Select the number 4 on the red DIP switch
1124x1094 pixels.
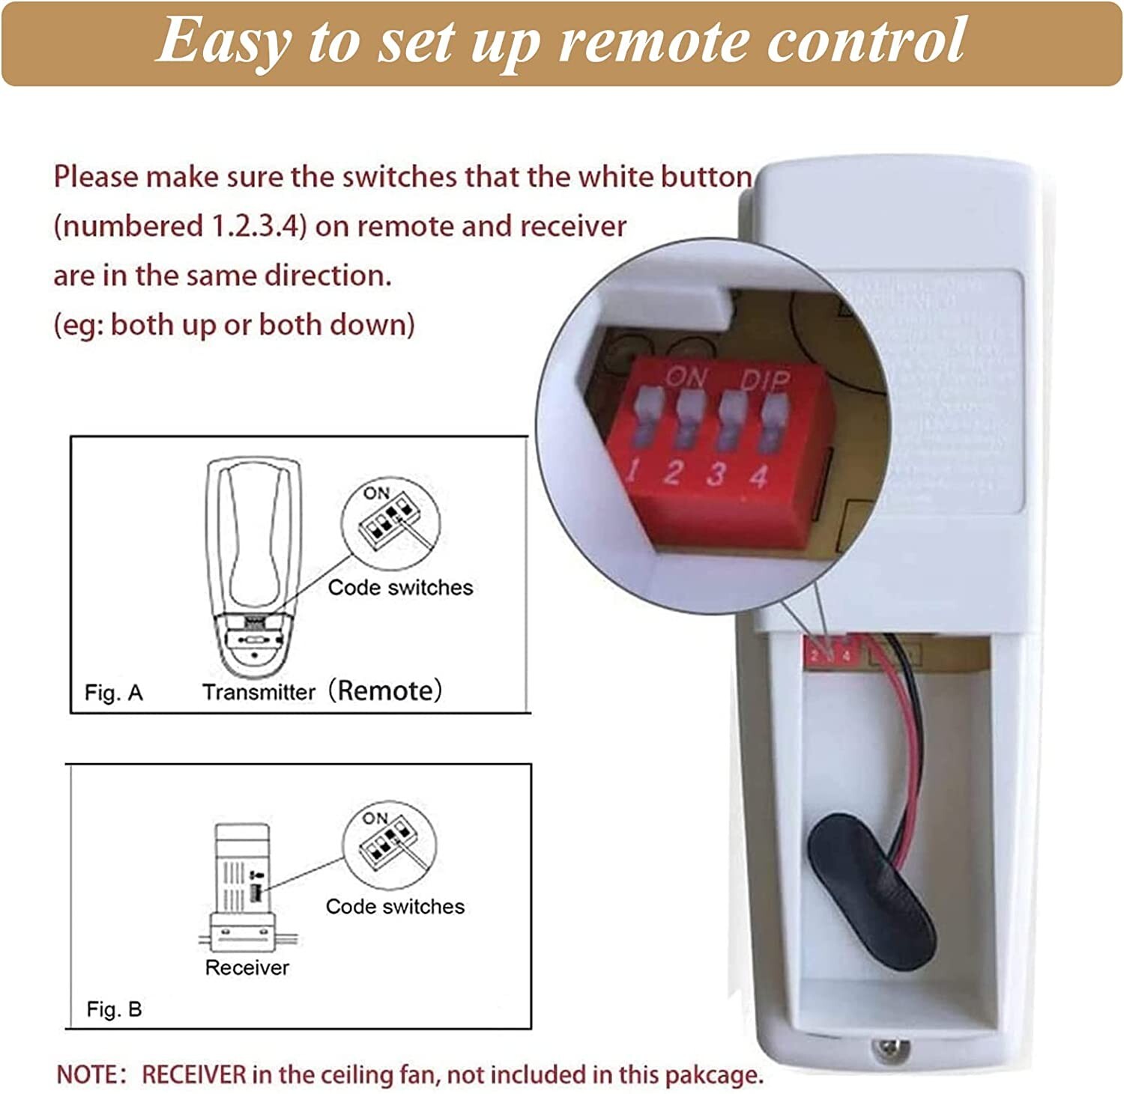[x=759, y=476]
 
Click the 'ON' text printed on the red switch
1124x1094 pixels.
[x=686, y=377]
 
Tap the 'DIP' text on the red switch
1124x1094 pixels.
[x=765, y=381]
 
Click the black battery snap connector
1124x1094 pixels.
[x=871, y=891]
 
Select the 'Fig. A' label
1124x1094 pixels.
[x=113, y=693]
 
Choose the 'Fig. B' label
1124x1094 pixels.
[x=114, y=1009]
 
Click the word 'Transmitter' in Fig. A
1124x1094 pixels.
[x=259, y=692]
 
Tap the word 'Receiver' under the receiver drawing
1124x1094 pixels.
[x=247, y=967]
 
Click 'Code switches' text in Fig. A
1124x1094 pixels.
[x=400, y=588]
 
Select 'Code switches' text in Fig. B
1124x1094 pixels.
[x=395, y=907]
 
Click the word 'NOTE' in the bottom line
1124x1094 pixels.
[x=87, y=1075]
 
